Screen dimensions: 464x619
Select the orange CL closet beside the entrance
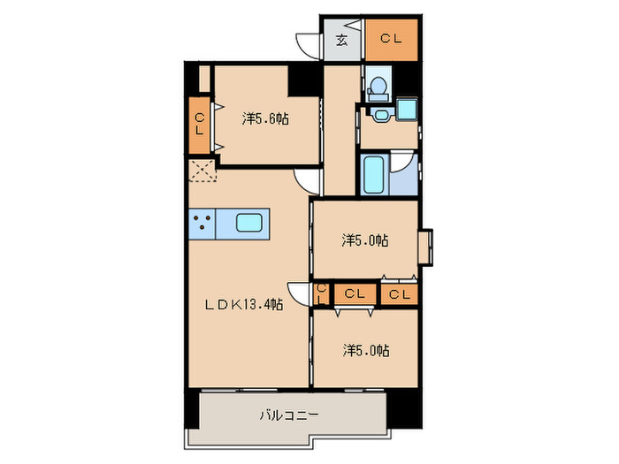point(391,39)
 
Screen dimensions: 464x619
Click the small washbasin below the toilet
point(382,114)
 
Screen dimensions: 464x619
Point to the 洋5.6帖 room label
point(265,118)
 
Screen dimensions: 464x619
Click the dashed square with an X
point(202,171)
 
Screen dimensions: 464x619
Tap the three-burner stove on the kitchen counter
point(202,224)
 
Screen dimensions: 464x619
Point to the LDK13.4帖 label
point(244,306)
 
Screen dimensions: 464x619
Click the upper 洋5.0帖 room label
point(366,240)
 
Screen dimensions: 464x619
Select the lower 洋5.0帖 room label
point(366,351)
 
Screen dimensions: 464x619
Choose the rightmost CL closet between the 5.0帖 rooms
point(399,294)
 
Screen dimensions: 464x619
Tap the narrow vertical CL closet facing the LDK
point(320,293)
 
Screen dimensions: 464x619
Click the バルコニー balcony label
point(288,414)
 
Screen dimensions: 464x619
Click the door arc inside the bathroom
point(402,164)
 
